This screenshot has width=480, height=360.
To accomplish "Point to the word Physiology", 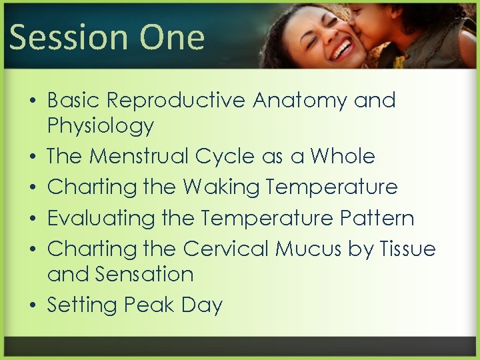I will point(101,126).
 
